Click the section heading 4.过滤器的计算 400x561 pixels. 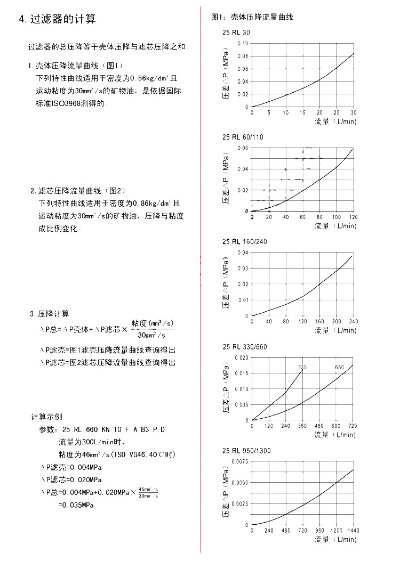point(57,20)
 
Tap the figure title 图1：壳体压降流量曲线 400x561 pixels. point(253,17)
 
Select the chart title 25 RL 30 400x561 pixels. point(236,32)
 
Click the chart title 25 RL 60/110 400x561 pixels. point(243,137)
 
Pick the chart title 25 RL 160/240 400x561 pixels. point(245,241)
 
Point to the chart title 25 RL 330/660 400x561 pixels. point(245,347)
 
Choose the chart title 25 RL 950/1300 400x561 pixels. point(246,451)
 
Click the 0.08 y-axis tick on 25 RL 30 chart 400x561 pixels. point(243,56)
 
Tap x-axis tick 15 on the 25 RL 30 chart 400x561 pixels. point(302,112)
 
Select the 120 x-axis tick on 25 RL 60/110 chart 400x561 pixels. point(353,217)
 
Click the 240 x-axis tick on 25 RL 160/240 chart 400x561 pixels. point(353,321)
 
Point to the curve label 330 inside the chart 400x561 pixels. point(302,367)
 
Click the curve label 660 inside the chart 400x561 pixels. point(340,367)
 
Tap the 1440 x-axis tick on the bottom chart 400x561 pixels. point(353,531)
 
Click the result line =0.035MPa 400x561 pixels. point(76,505)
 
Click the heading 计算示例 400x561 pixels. point(47,417)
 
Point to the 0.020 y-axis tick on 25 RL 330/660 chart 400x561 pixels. point(241,357)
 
